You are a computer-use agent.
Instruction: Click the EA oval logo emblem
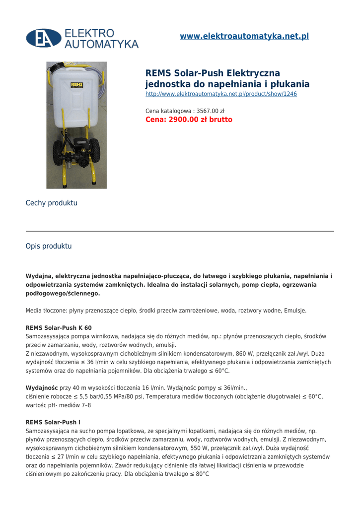44,38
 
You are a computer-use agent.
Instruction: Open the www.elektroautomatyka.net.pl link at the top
244,36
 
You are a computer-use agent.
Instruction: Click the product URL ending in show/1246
221,94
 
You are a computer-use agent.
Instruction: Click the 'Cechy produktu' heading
52,203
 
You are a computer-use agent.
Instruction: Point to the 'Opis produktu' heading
49,246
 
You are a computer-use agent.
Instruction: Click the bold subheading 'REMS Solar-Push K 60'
59,328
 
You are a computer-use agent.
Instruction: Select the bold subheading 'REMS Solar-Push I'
53,422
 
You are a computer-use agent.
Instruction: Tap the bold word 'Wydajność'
42,388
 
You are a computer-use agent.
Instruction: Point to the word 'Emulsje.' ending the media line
295,311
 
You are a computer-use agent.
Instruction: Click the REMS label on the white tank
76,85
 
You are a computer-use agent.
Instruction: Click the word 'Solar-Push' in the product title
200,73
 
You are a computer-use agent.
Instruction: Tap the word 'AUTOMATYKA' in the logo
102,44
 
